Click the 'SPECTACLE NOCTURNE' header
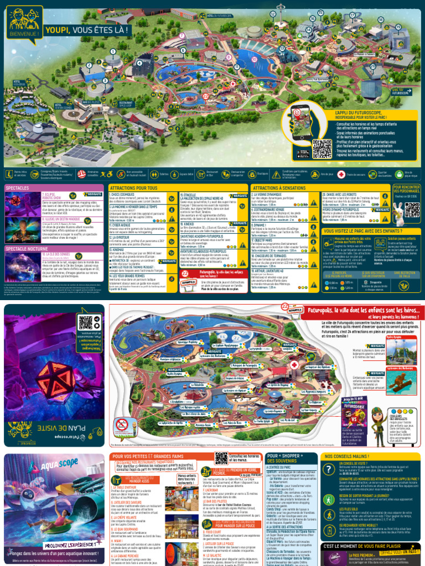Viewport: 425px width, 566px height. pyautogui.click(x=26, y=248)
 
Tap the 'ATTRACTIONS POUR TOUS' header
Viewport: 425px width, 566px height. pyautogui.click(x=133, y=188)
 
